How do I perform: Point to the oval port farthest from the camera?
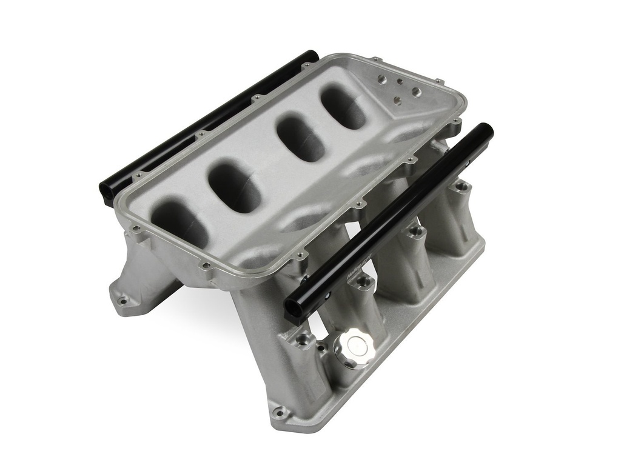(343, 108)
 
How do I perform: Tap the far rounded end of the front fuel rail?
(486, 130)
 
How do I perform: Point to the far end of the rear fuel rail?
(310, 56)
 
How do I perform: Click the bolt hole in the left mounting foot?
(124, 299)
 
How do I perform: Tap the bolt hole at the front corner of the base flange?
(280, 413)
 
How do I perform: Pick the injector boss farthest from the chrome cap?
(462, 185)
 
